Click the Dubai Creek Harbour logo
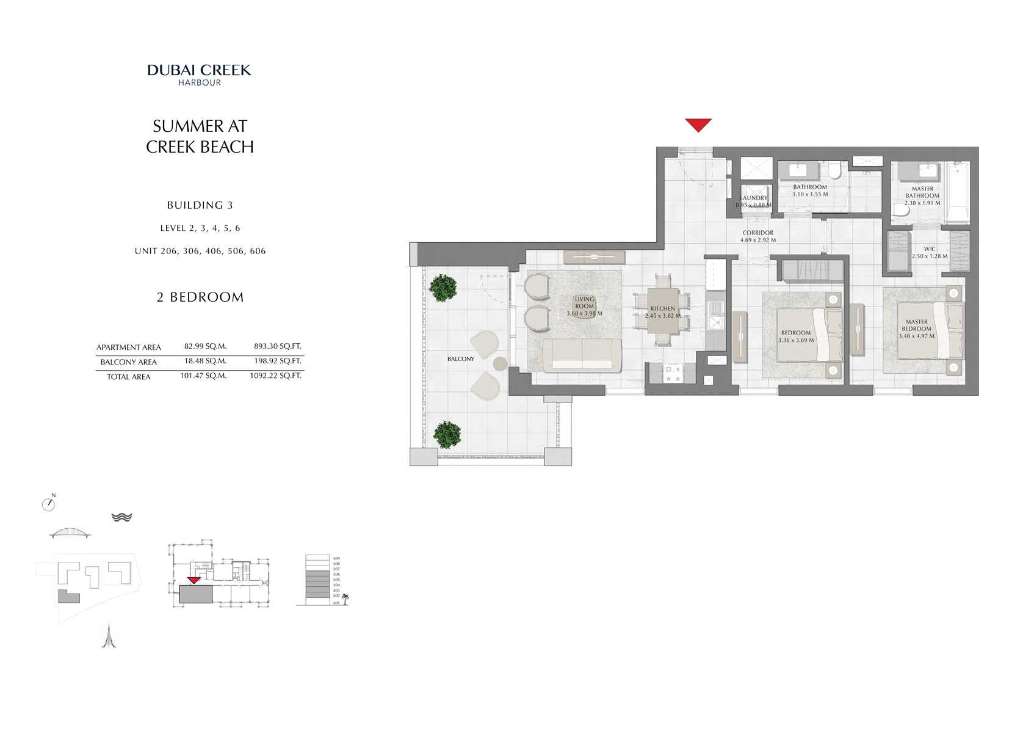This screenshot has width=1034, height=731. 199,75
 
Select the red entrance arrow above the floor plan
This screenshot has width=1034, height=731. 698,125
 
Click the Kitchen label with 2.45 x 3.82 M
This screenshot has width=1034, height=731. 662,312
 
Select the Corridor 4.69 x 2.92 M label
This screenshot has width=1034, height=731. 757,236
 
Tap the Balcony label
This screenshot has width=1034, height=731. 460,359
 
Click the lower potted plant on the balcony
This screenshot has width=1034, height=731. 447,434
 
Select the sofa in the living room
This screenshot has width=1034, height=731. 582,355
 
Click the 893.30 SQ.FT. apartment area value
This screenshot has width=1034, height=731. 277,346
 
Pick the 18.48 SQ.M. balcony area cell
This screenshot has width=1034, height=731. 205,361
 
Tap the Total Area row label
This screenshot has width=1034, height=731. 129,377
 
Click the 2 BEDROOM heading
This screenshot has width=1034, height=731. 200,297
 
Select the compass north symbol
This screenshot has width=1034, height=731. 49,504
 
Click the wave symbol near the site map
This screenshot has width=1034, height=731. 122,517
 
